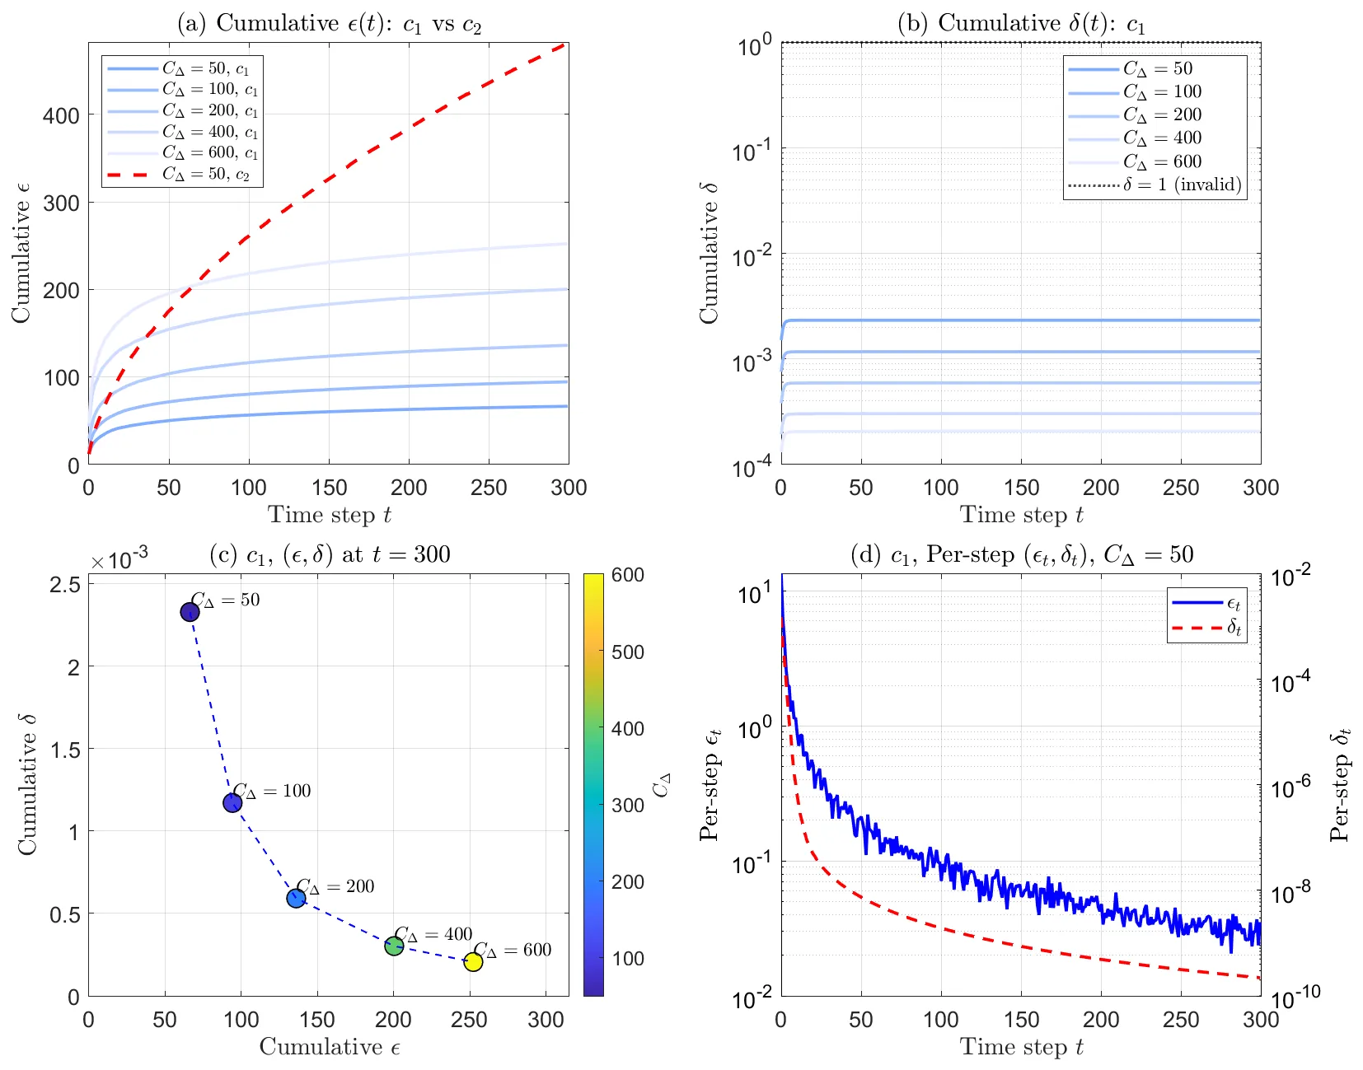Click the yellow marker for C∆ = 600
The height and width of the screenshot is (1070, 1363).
coord(473,961)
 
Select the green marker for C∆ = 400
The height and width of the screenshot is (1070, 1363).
coord(393,946)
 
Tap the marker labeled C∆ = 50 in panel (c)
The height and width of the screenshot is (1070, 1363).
coord(190,612)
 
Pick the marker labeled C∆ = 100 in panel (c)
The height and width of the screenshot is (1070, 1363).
coord(232,803)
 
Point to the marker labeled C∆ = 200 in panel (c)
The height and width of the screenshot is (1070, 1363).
coord(296,898)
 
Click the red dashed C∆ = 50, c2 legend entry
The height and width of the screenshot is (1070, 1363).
coord(178,175)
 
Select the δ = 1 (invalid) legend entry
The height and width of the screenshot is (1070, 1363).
coord(1155,185)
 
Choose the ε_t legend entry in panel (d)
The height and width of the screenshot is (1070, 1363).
coord(1206,603)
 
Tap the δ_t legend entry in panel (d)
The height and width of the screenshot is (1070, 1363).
coord(1206,627)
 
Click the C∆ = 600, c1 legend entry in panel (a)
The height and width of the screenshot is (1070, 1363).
coord(182,153)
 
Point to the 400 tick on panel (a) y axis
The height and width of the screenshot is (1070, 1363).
coord(61,115)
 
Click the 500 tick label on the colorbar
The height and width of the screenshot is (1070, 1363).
coord(628,652)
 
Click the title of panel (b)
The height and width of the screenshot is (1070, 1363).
coord(1021,23)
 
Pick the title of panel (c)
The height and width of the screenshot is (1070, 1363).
coord(330,554)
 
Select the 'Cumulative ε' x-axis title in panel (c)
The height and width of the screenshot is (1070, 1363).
coord(330,1047)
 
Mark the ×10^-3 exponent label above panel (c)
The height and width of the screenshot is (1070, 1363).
coord(119,558)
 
